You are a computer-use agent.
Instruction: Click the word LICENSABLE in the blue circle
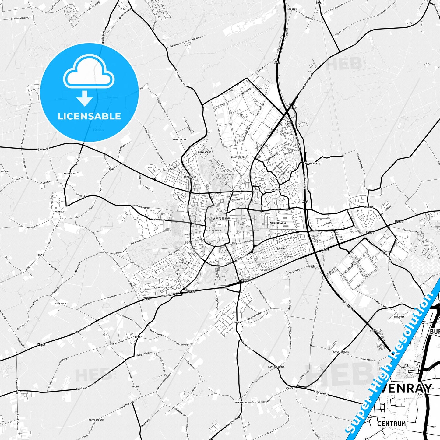click(89, 116)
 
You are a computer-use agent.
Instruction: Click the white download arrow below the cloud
click(85, 98)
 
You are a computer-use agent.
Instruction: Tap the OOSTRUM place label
click(368, 207)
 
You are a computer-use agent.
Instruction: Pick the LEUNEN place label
click(237, 322)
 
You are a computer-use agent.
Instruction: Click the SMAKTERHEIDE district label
click(239, 157)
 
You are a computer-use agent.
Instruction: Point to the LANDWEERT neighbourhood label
click(276, 189)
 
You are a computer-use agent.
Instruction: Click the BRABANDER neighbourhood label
click(190, 177)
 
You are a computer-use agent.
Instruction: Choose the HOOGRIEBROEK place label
click(341, 351)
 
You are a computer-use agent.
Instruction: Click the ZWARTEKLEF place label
click(180, 139)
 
